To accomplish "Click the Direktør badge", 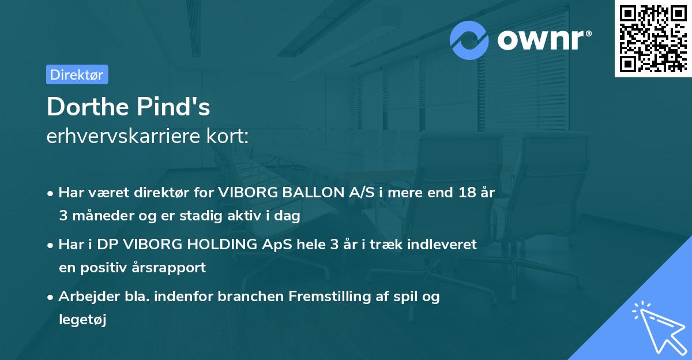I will pos(77,74).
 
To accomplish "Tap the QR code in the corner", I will pos(653,39).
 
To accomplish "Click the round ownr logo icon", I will pos(470,40).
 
